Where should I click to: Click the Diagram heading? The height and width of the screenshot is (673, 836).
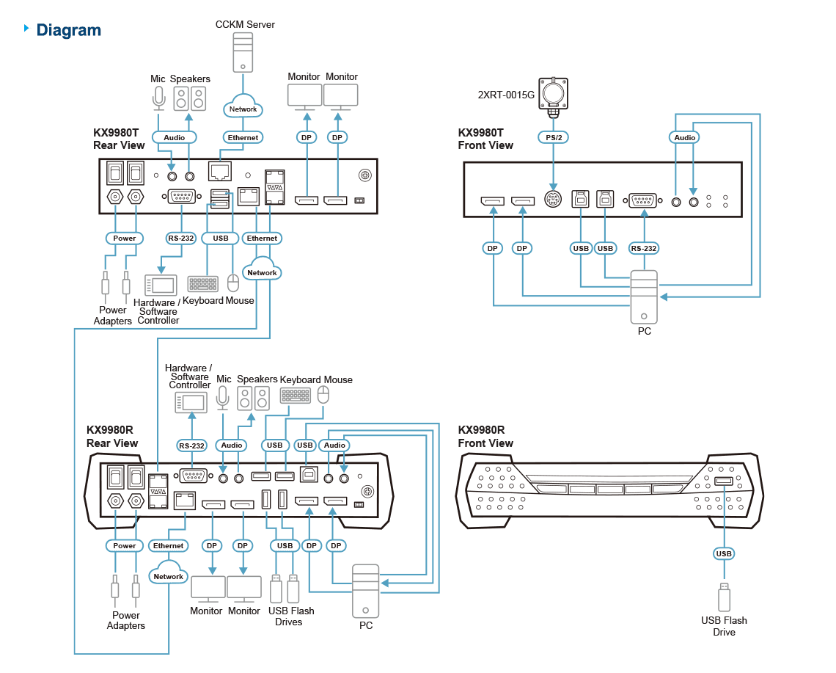click(x=68, y=30)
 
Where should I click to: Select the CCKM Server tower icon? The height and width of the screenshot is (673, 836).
click(x=243, y=52)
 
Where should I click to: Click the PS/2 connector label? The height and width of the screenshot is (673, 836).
click(x=554, y=138)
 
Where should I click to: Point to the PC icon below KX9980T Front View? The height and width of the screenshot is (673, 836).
click(x=644, y=297)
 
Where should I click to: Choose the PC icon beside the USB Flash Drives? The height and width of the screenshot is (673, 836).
click(x=366, y=592)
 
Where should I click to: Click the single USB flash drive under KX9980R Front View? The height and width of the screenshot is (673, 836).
click(x=724, y=597)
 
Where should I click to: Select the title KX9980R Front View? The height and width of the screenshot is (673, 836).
click(x=485, y=437)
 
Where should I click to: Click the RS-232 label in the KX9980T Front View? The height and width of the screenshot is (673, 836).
click(x=644, y=248)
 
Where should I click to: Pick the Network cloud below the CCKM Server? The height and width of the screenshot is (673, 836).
click(x=243, y=106)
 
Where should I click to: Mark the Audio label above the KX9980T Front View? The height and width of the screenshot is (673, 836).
click(x=685, y=138)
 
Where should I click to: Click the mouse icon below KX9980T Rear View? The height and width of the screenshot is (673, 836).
click(x=233, y=283)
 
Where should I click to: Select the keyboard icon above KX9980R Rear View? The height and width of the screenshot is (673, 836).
click(x=296, y=396)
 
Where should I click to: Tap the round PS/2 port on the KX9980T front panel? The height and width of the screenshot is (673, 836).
click(x=553, y=200)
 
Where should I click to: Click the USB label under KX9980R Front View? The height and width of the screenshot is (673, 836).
click(x=724, y=553)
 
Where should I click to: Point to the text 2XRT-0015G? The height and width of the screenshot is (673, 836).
click(x=505, y=95)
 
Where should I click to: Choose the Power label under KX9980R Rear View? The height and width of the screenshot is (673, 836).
click(x=124, y=545)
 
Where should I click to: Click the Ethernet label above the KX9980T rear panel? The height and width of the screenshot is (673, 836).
click(x=243, y=138)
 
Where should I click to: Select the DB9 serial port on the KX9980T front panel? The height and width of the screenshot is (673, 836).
click(x=643, y=200)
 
